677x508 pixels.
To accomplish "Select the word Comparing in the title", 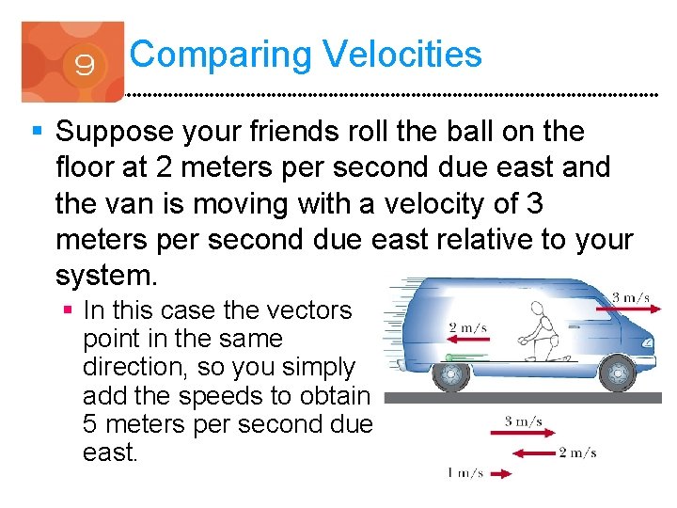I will [x=220, y=55].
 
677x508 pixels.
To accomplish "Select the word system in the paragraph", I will [x=104, y=277].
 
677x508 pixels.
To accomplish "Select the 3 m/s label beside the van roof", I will [x=631, y=298].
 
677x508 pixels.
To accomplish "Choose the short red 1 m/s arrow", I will [x=501, y=475].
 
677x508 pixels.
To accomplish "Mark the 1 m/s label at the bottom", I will [x=464, y=473].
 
